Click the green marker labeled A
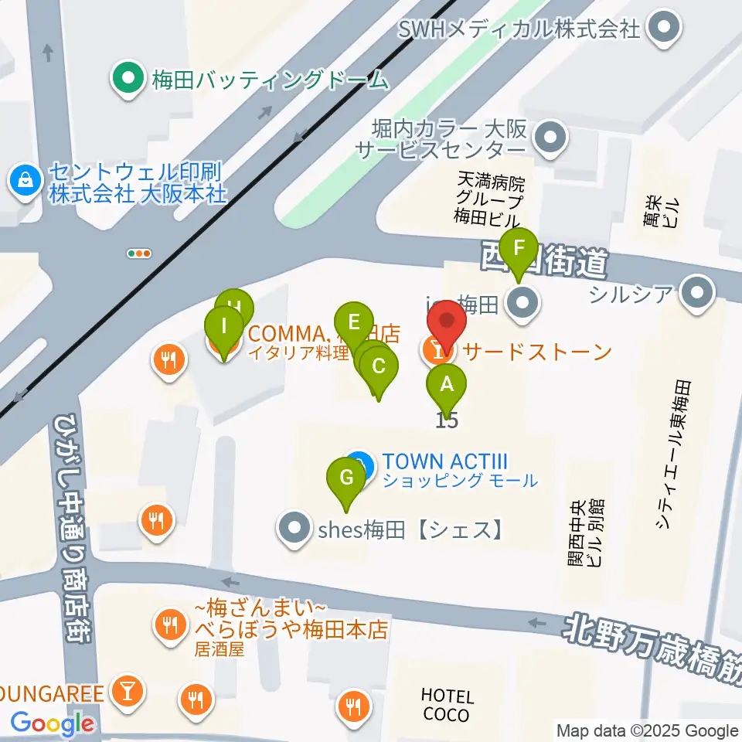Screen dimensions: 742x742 pos(446,384)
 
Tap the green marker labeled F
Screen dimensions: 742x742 pos(519,249)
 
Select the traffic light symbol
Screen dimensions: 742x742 pos(139,254)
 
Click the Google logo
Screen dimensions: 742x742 pos(53,724)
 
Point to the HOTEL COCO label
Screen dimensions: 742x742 pos(447,706)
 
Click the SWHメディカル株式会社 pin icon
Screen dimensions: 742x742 pos(665,29)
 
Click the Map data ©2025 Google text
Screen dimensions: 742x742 pos(648,730)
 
